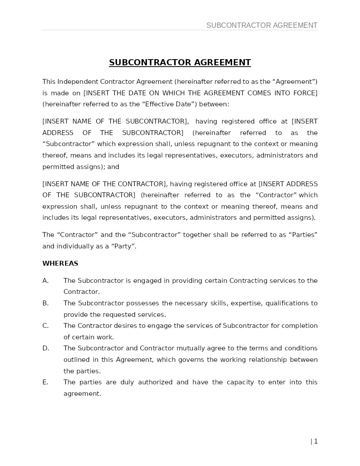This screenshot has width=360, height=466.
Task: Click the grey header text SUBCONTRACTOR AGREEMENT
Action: [x=262, y=26]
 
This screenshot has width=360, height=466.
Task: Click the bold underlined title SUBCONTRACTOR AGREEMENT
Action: [x=180, y=63]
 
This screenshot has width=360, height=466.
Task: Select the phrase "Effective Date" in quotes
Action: [x=173, y=105]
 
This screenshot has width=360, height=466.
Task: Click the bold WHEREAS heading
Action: [x=60, y=263]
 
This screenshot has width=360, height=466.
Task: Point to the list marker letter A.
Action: [x=45, y=281]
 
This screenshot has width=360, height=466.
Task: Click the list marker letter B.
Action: [x=45, y=303]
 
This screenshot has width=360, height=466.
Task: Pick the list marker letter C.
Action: [x=45, y=326]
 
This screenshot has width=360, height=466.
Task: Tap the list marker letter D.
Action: [x=45, y=348]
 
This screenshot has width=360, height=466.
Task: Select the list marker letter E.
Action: [x=45, y=382]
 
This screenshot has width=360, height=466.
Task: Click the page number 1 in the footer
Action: [x=316, y=441]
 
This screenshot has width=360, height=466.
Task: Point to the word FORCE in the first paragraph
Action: [x=306, y=93]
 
